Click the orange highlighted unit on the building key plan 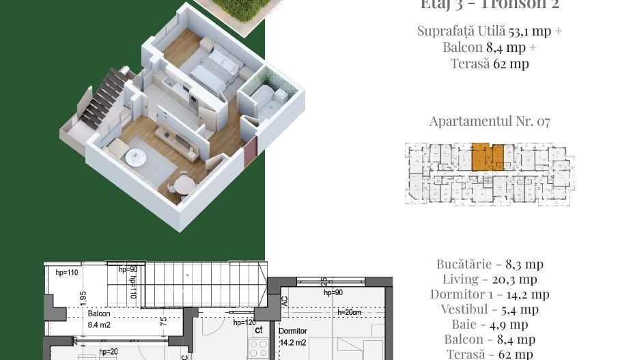pyautogui.click(x=488, y=156)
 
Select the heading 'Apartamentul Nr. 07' pyautogui.click(x=490, y=122)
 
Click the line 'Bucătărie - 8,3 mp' pyautogui.click(x=490, y=264)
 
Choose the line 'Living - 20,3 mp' pyautogui.click(x=490, y=279)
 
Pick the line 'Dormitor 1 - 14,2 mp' pyautogui.click(x=490, y=294)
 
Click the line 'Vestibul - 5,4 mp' pyautogui.click(x=490, y=309)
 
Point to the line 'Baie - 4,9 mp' pyautogui.click(x=490, y=324)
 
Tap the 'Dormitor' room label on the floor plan pyautogui.click(x=294, y=330)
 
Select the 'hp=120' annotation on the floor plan pyautogui.click(x=244, y=322)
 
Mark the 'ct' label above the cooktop pyautogui.click(x=259, y=330)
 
